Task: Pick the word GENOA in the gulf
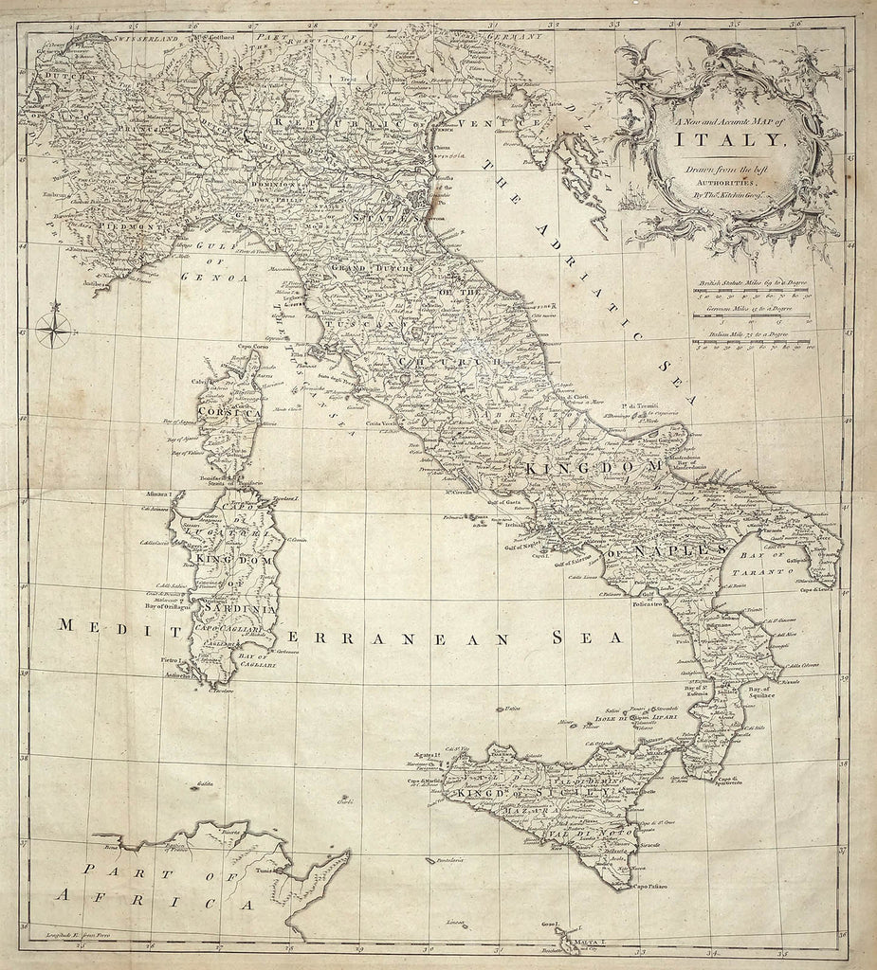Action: click(x=221, y=278)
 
